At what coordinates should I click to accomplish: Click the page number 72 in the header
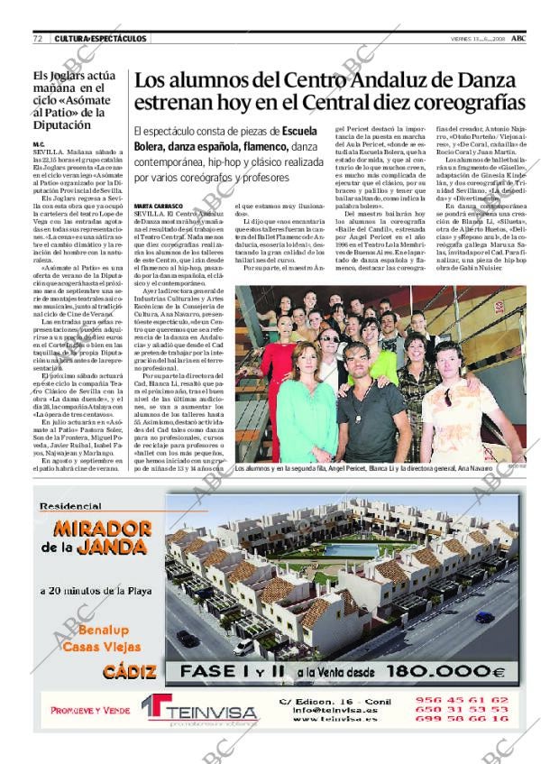point(39,39)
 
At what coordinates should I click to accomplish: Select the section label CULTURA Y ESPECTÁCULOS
point(100,39)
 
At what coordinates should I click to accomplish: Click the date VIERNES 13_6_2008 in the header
point(476,39)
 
